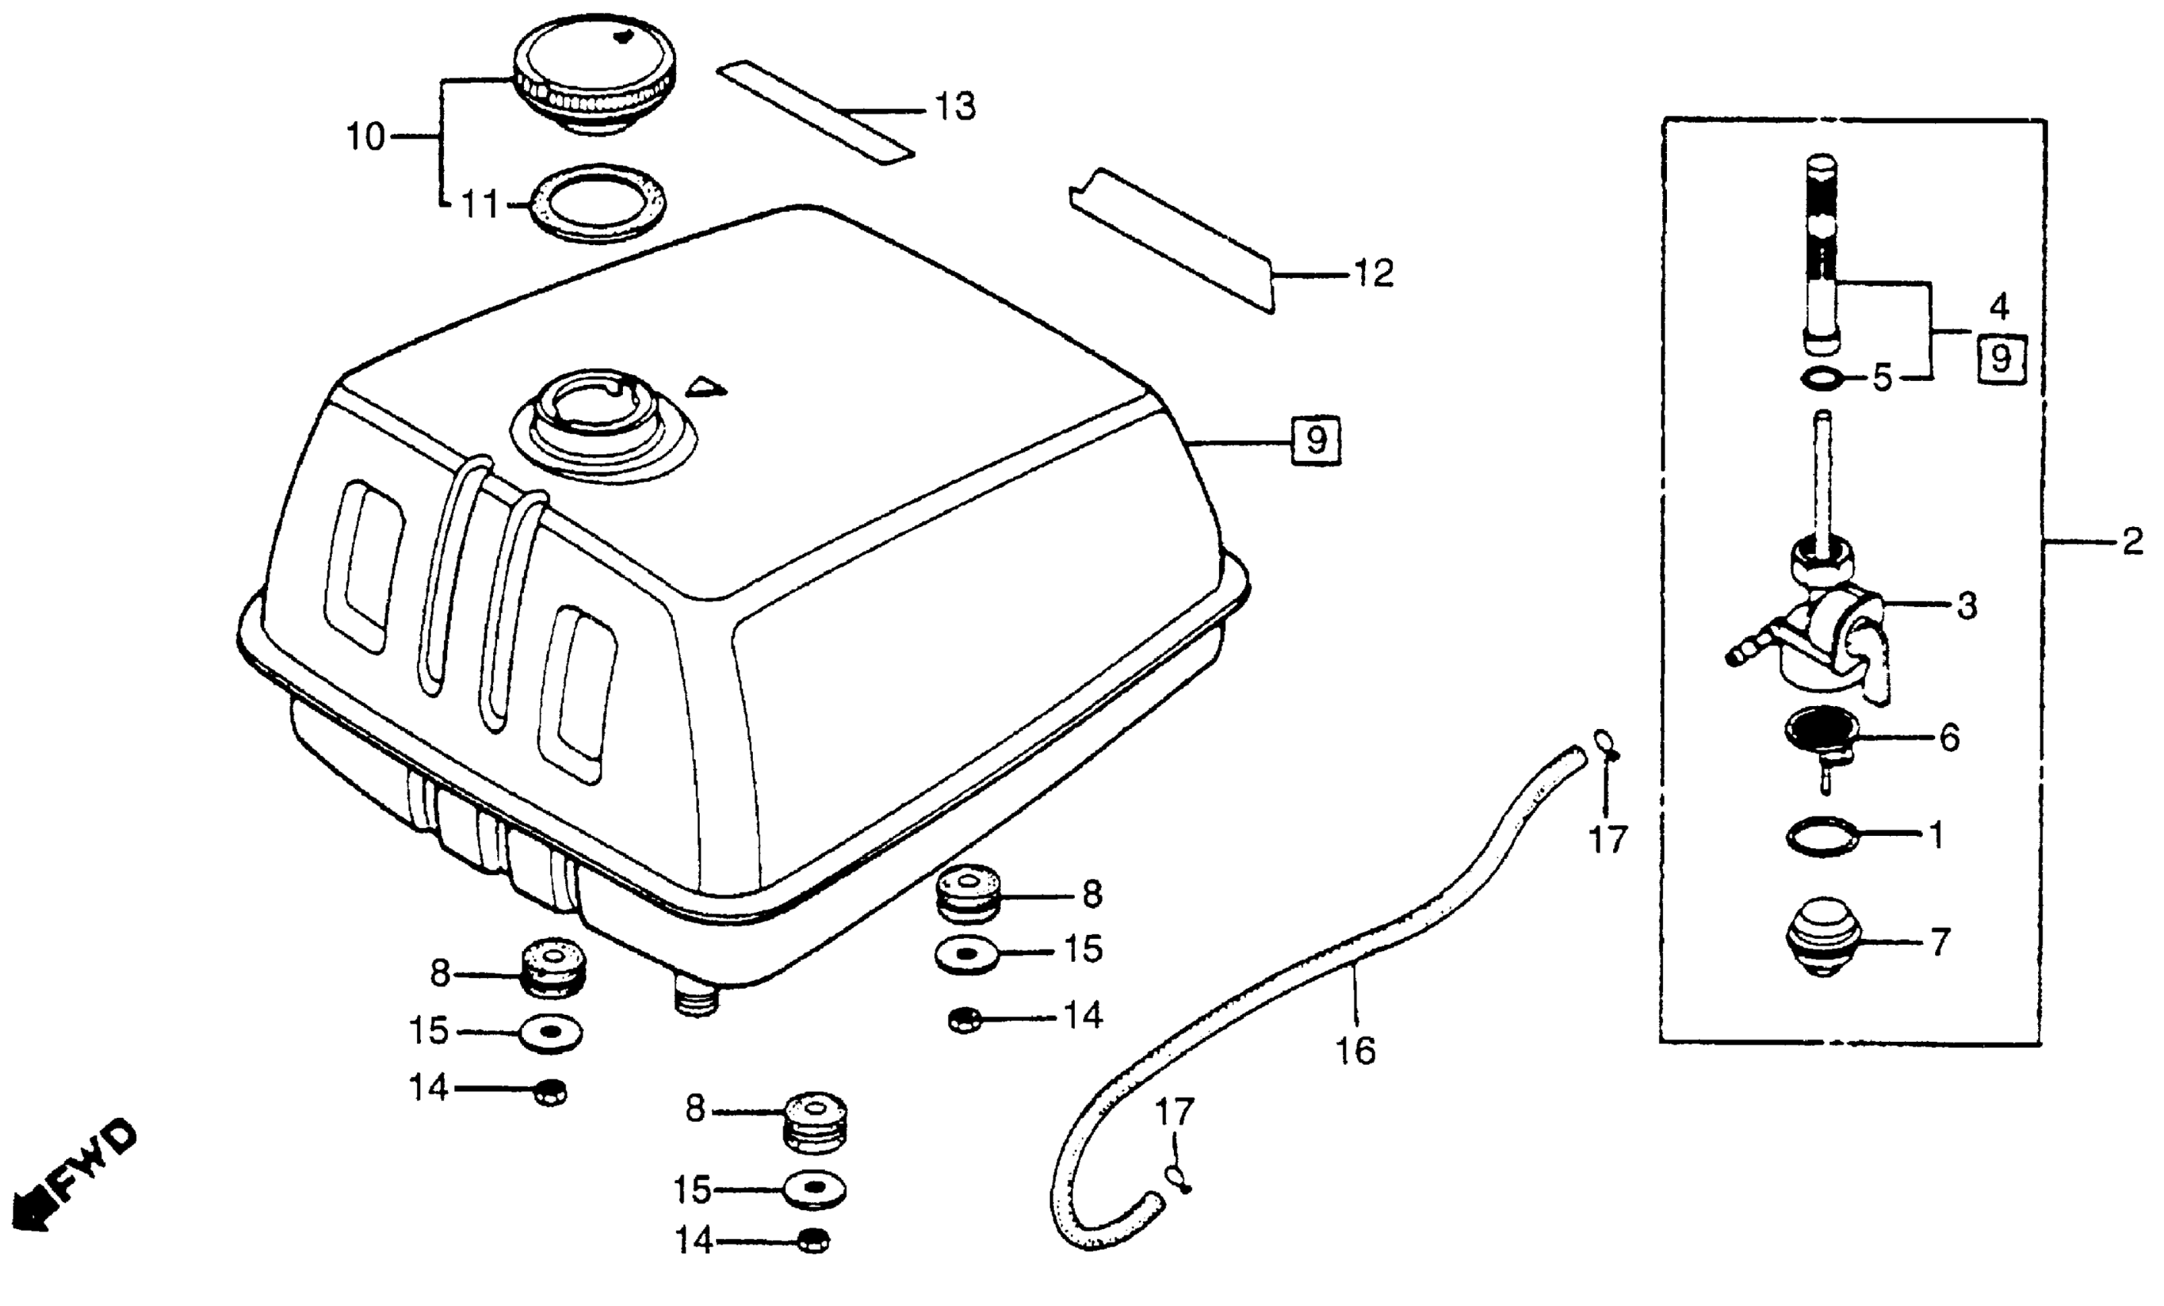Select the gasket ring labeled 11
[x=597, y=204]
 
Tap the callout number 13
[x=955, y=107]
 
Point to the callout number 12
[x=1374, y=274]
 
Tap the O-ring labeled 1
[x=1823, y=834]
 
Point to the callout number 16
[x=1356, y=1050]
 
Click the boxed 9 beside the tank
[x=1316, y=439]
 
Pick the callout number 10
[x=366, y=137]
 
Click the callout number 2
[x=2133, y=543]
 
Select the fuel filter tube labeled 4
[x=1821, y=255]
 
